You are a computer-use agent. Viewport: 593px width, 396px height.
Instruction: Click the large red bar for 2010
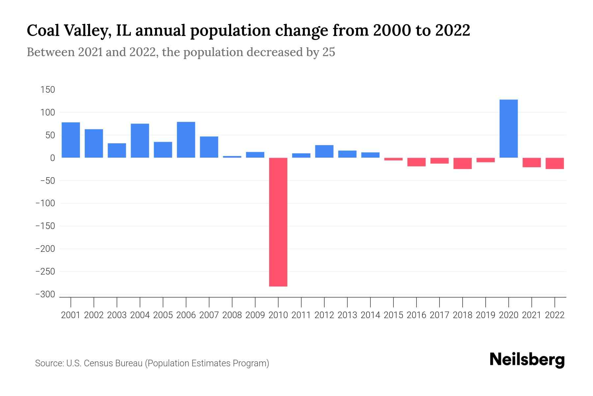(278, 222)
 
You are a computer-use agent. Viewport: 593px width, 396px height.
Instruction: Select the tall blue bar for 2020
(508, 129)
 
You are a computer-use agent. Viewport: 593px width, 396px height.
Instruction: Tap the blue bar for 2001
(71, 140)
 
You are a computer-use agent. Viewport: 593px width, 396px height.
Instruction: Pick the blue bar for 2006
(186, 140)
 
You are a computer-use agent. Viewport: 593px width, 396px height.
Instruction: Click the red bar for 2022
(554, 163)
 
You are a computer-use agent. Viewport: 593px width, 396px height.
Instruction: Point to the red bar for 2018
(462, 163)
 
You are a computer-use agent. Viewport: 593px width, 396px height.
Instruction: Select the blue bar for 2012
(324, 151)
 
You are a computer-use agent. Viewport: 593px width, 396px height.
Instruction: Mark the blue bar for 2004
(140, 141)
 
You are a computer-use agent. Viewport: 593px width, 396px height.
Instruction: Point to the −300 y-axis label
(45, 294)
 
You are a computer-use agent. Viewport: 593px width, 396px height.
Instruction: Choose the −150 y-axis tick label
(45, 226)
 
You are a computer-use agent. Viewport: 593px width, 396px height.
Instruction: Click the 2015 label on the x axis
(393, 315)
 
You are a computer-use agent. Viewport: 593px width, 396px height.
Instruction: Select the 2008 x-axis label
(232, 315)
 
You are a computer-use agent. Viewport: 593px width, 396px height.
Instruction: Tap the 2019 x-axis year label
(485, 315)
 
